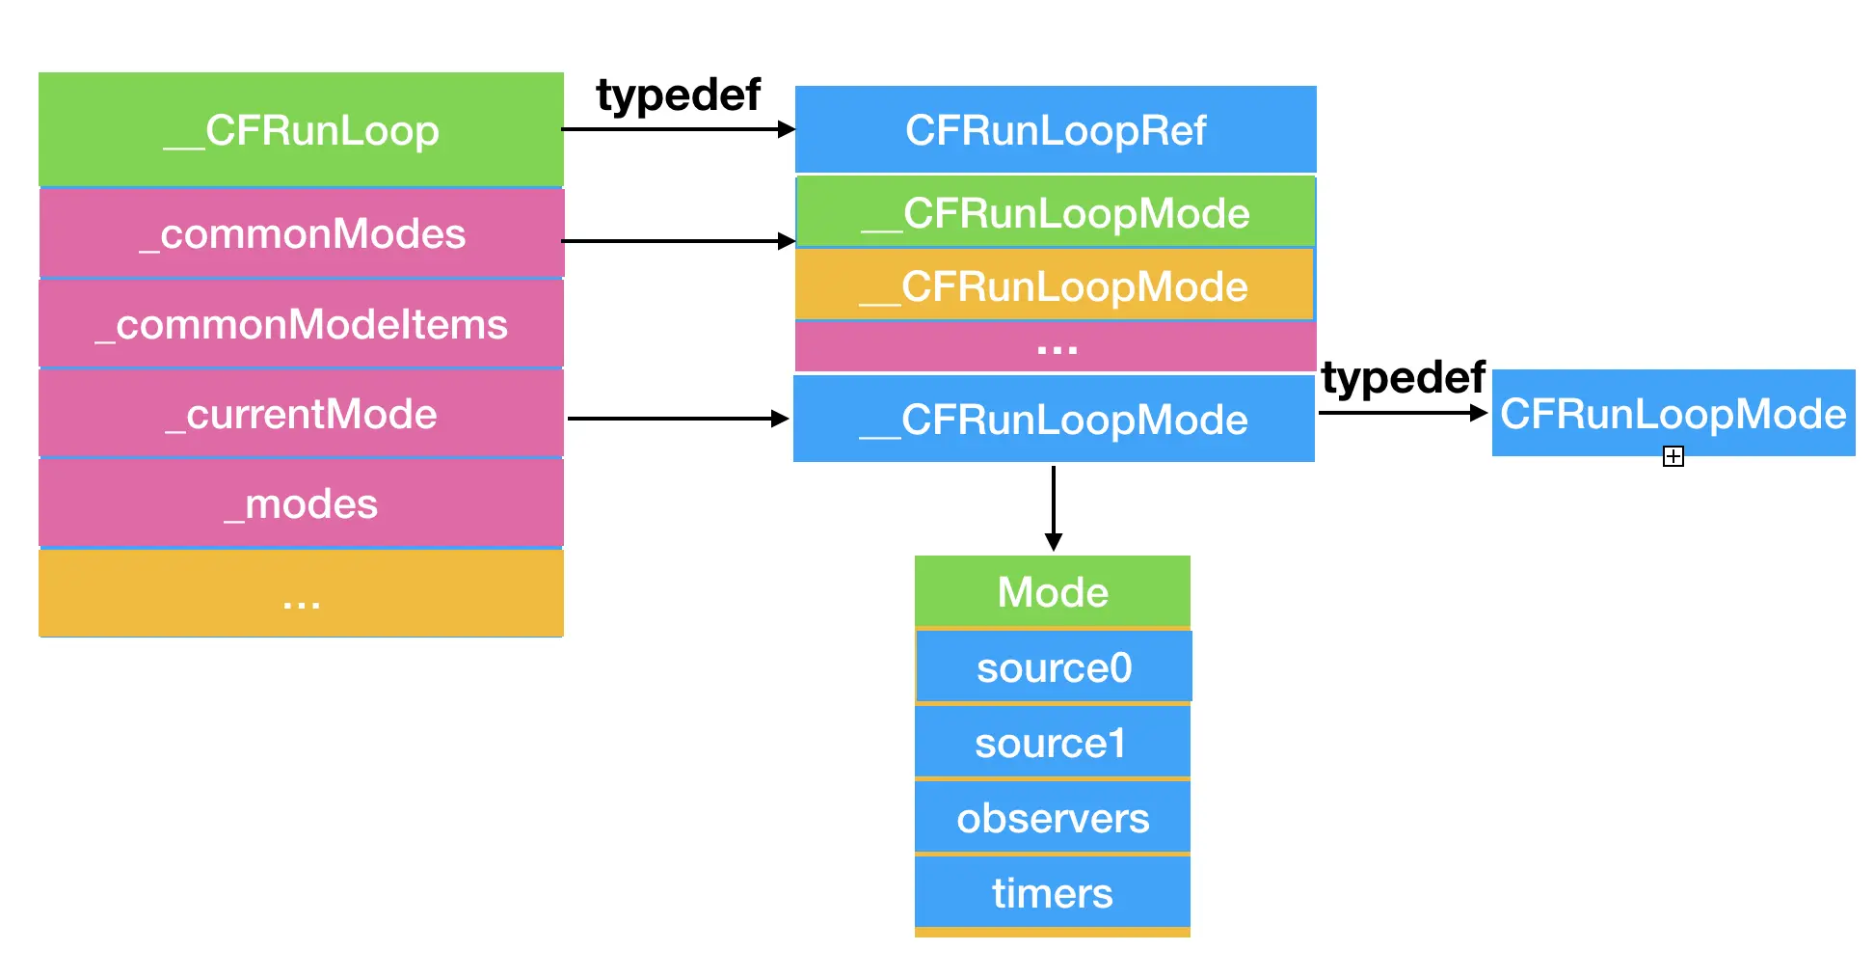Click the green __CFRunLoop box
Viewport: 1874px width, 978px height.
tap(301, 129)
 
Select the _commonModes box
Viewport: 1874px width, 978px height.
tap(301, 233)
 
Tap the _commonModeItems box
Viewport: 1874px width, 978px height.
tap(301, 324)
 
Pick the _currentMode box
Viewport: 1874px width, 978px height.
tap(301, 414)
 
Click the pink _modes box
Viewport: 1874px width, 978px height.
tap(301, 503)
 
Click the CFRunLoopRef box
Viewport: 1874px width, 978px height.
tap(1056, 129)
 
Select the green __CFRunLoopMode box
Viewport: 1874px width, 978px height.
tap(1056, 212)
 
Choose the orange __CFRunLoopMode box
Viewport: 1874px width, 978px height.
tap(1054, 285)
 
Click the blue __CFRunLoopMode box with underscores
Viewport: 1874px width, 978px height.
tap(1054, 420)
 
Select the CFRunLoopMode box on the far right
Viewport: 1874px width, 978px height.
tap(1673, 413)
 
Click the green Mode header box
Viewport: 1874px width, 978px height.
tap(1053, 591)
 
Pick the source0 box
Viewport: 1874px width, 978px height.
tap(1054, 667)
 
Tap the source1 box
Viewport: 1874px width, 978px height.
tap(1052, 743)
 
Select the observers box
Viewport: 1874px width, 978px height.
tap(1052, 818)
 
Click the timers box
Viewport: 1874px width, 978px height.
tap(1052, 893)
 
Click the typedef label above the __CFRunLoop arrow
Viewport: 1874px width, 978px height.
tap(678, 95)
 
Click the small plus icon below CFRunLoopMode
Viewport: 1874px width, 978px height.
tap(1673, 457)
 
